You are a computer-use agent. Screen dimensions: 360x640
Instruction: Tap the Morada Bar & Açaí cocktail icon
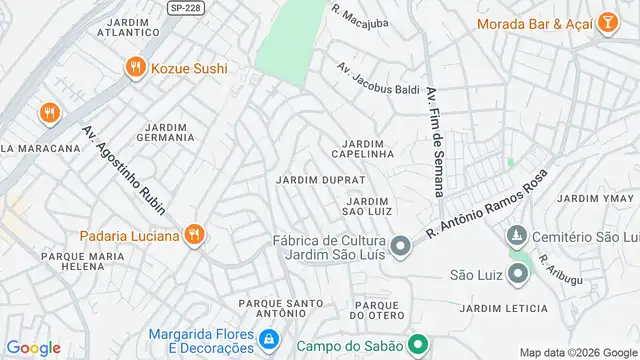pyautogui.click(x=607, y=23)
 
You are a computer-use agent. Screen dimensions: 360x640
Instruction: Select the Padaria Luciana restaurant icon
pyautogui.click(x=196, y=236)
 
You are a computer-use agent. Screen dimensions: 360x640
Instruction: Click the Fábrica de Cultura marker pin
pyautogui.click(x=400, y=246)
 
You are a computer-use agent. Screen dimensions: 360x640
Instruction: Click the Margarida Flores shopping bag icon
pyautogui.click(x=268, y=340)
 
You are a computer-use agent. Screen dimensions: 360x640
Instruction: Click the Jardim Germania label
pyautogui.click(x=169, y=133)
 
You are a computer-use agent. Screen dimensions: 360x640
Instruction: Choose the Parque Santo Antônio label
pyautogui.click(x=280, y=308)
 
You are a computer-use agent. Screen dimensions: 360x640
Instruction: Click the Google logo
pyautogui.click(x=33, y=347)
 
